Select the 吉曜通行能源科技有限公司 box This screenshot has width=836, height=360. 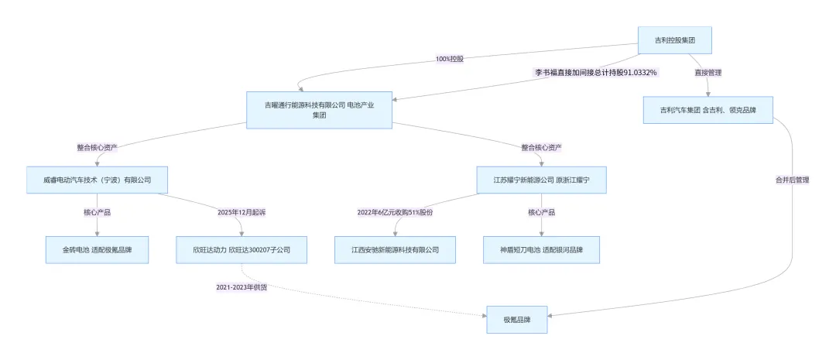(x=319, y=110)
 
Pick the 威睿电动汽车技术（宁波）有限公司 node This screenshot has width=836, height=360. (x=97, y=180)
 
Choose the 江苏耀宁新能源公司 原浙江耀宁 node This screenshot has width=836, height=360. (x=540, y=180)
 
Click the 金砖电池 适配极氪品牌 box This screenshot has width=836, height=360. (x=97, y=250)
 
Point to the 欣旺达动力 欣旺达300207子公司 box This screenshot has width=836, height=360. (x=242, y=250)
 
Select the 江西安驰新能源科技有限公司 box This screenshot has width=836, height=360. (x=395, y=250)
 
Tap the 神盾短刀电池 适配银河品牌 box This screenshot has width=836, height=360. (x=540, y=250)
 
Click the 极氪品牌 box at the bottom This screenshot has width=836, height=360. (x=516, y=320)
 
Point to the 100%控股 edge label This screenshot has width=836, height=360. (x=450, y=59)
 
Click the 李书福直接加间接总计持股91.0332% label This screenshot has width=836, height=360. (x=596, y=73)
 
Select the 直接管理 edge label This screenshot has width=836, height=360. (x=708, y=73)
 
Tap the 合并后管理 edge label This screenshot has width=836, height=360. (x=792, y=180)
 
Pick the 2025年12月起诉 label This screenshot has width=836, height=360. (x=242, y=211)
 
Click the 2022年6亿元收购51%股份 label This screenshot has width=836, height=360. (x=395, y=211)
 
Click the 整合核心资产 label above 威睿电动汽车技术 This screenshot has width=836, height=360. (x=97, y=147)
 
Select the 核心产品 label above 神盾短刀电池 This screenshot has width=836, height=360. (x=540, y=211)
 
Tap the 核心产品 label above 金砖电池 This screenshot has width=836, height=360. (x=97, y=211)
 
